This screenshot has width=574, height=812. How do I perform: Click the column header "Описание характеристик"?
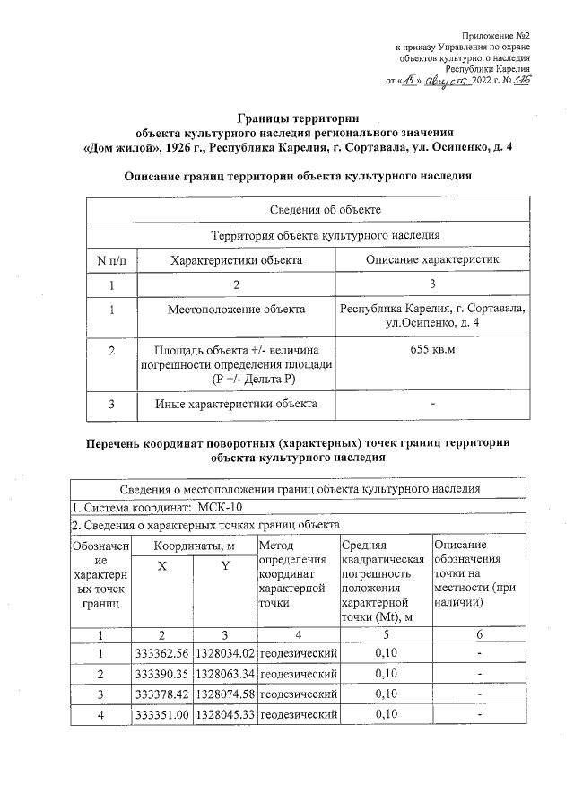[431, 259]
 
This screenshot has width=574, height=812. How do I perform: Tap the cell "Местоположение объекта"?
[237, 310]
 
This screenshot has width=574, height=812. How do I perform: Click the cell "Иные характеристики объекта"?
[237, 404]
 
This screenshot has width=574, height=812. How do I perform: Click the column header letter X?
[161, 566]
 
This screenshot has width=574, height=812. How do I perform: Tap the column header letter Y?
[225, 566]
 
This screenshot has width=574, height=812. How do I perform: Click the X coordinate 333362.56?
[161, 652]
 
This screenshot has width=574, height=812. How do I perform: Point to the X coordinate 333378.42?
[161, 694]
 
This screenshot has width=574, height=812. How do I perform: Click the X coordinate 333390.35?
[161, 673]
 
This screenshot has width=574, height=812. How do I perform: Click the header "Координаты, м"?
[194, 546]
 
